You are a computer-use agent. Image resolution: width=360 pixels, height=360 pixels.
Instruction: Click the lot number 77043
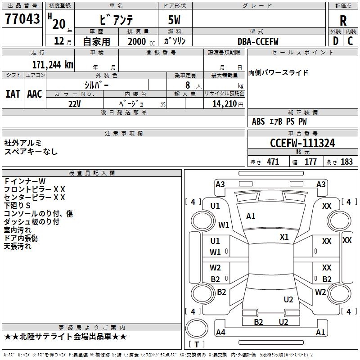21,20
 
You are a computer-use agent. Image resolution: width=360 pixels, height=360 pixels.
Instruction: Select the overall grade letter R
343,20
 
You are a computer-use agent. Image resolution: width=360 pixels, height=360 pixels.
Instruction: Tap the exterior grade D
335,41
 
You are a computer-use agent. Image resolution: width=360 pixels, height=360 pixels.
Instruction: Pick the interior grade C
350,41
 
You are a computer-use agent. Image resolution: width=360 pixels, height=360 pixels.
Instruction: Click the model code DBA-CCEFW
258,41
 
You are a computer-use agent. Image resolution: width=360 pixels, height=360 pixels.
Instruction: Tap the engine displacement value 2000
136,41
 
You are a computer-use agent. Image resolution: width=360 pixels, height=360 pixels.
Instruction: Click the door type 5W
175,21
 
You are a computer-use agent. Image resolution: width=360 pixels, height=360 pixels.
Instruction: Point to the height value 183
346,162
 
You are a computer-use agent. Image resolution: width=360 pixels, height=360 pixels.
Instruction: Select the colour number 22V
75,104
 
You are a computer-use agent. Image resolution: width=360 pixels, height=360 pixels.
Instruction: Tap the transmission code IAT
13,94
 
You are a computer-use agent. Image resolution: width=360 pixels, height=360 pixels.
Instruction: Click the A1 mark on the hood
251,216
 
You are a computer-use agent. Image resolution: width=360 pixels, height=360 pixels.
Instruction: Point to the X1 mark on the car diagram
284,237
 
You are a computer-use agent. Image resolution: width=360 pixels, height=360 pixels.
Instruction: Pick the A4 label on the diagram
220,333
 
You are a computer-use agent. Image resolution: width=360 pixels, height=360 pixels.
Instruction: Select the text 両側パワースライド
279,73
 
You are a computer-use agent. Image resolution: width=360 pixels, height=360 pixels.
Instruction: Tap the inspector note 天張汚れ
18,247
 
